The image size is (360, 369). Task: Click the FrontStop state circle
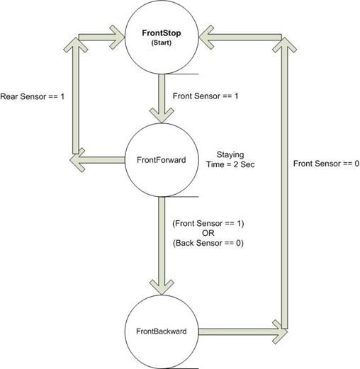(162, 38)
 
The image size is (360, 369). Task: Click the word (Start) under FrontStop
(162, 42)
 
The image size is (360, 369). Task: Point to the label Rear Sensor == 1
(33, 96)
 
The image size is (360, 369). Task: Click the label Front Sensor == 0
(326, 164)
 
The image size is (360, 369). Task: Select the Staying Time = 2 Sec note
(230, 159)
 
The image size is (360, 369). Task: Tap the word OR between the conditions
(208, 233)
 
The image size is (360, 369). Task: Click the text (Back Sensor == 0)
(208, 243)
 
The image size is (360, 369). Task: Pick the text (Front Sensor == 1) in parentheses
(208, 223)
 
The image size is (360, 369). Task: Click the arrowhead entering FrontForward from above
(162, 115)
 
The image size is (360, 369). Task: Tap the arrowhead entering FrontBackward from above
(162, 287)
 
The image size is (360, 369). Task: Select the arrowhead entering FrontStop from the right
(206, 38)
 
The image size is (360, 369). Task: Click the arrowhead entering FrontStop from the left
(117, 38)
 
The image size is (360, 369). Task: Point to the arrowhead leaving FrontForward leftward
(77, 160)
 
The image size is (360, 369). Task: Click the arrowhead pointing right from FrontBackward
(280, 332)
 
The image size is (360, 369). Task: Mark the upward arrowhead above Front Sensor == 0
(284, 45)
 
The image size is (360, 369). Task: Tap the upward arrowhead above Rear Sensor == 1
(76, 45)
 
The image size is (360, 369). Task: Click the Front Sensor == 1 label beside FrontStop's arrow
(206, 96)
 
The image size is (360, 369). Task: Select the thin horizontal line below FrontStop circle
(181, 74)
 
